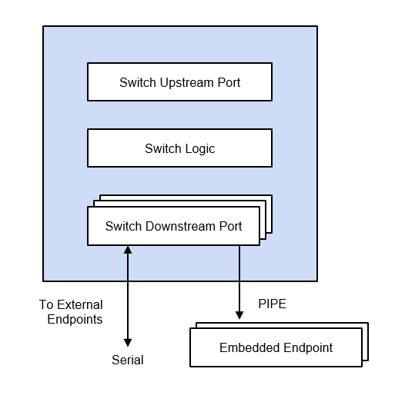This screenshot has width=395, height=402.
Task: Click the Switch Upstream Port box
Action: (x=179, y=82)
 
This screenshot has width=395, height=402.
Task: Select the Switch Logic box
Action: (x=179, y=148)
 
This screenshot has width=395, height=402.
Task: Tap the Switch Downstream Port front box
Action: (x=173, y=226)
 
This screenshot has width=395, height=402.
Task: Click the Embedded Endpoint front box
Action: (x=276, y=347)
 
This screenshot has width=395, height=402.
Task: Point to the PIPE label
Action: (x=272, y=304)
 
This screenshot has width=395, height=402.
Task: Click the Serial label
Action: (x=128, y=360)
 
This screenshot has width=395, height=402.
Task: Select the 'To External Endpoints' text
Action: (x=71, y=311)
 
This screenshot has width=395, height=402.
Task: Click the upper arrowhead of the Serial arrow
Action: (x=128, y=251)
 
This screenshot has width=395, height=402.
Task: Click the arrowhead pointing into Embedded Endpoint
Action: (x=240, y=317)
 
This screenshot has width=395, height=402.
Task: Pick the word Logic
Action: (x=199, y=148)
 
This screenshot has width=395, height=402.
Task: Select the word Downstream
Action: (x=178, y=226)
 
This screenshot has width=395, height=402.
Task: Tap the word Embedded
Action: (x=246, y=347)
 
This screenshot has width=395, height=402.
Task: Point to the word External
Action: (x=79, y=304)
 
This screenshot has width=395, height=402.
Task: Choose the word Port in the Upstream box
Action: (x=228, y=82)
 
